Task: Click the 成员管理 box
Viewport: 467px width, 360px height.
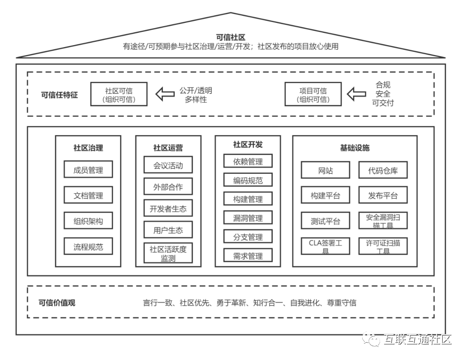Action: pyautogui.click(x=88, y=169)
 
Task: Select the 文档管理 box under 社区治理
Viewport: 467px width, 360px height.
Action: pyautogui.click(x=88, y=195)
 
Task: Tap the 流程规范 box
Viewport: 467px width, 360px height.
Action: pyautogui.click(x=88, y=246)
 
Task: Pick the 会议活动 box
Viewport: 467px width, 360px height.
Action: pyautogui.click(x=168, y=165)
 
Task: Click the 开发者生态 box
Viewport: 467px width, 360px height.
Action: pyautogui.click(x=168, y=209)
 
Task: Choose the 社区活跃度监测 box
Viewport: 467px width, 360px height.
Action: pyautogui.click(x=168, y=253)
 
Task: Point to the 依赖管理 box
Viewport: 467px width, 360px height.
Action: pyautogui.click(x=248, y=161)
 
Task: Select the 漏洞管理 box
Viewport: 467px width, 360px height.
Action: pyautogui.click(x=248, y=218)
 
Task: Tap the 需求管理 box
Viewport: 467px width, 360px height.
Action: pyautogui.click(x=248, y=256)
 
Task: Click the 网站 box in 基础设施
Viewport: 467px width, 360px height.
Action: pyautogui.click(x=325, y=170)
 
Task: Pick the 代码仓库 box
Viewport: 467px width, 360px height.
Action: pyautogui.click(x=383, y=170)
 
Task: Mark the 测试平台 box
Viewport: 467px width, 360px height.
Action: pyautogui.click(x=325, y=221)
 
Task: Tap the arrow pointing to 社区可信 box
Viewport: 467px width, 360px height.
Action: pyautogui.click(x=165, y=94)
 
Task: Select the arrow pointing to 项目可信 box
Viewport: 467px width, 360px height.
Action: pyautogui.click(x=356, y=94)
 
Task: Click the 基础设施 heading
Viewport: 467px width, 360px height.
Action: pyautogui.click(x=355, y=148)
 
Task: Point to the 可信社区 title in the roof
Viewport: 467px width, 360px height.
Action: pyautogui.click(x=231, y=37)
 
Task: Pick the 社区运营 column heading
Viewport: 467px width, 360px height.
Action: pyautogui.click(x=168, y=148)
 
